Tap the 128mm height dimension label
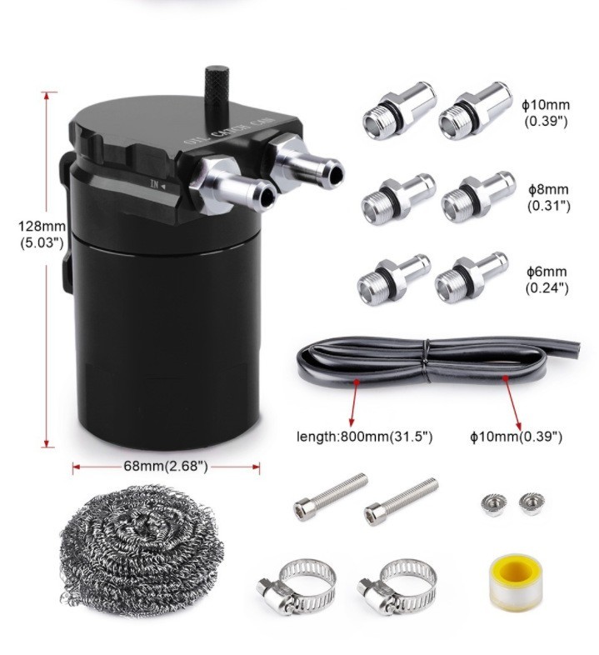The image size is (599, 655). (42, 234)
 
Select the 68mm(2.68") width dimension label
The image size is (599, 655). (166, 466)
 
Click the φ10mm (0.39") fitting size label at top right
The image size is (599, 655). (546, 112)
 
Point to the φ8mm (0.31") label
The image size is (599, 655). (548, 197)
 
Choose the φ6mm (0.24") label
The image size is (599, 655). (547, 279)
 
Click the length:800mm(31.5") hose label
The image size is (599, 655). (364, 437)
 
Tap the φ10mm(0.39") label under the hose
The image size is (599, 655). (516, 437)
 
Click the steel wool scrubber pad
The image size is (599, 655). (141, 546)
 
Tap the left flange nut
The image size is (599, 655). (494, 503)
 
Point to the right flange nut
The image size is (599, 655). (532, 503)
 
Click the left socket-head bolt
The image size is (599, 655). (331, 497)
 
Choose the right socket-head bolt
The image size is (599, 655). (402, 502)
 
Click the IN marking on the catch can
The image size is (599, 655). (155, 184)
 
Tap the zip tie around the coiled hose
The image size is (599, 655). (426, 362)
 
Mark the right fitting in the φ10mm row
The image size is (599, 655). (476, 110)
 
